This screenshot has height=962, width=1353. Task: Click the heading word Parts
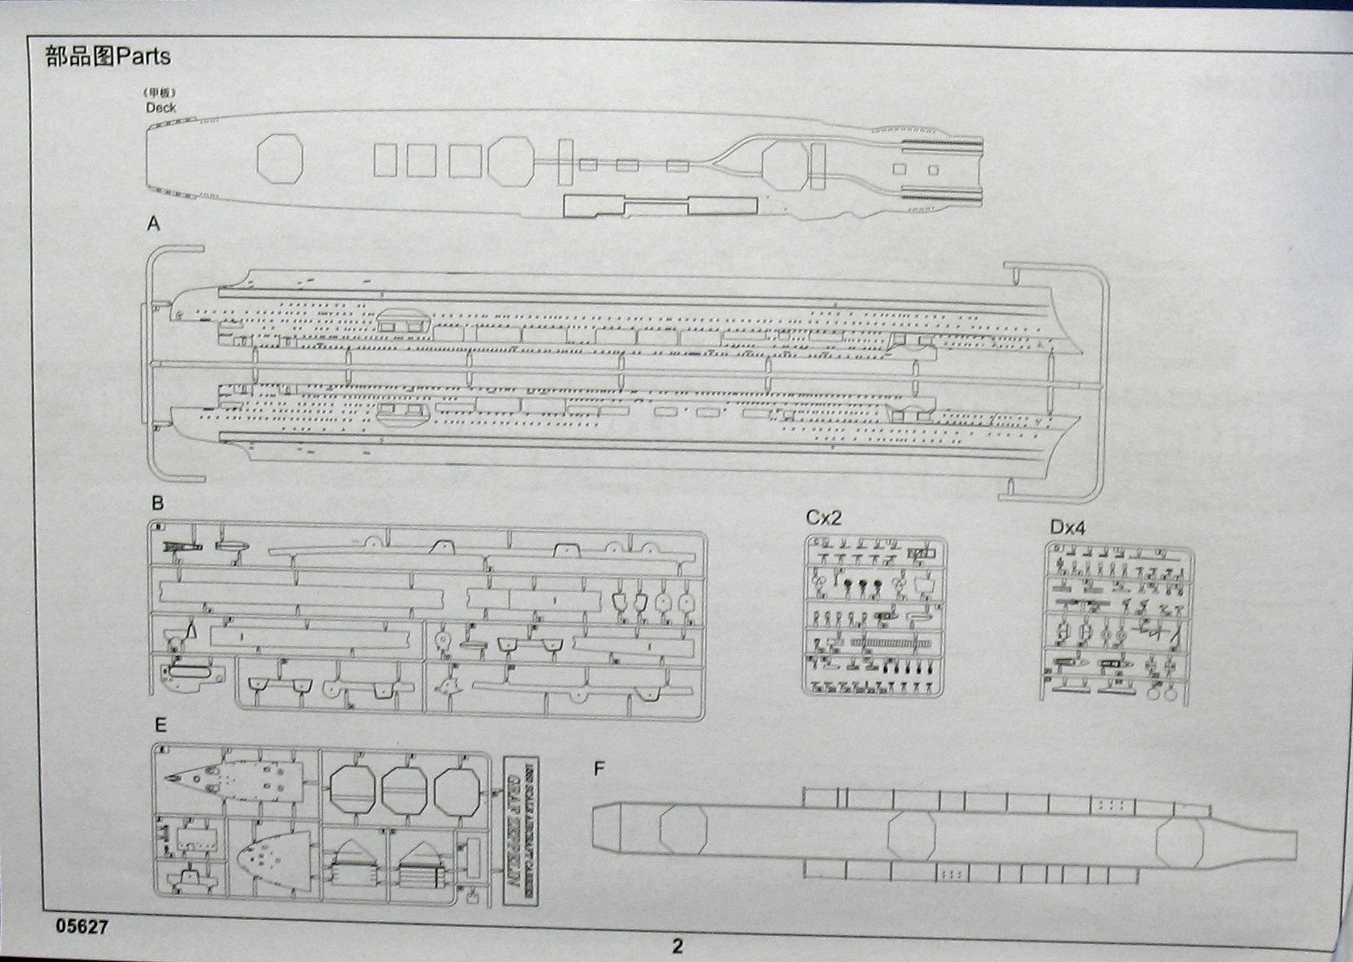[x=144, y=57]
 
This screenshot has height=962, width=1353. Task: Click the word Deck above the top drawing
[x=161, y=107]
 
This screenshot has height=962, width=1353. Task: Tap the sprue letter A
[x=153, y=224]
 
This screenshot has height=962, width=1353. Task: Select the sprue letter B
[x=157, y=503]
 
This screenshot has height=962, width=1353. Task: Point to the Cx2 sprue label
[x=823, y=518]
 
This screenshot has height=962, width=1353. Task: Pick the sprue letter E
[x=160, y=725]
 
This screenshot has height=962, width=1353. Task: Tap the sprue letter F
[x=599, y=769]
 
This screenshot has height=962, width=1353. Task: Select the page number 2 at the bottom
[x=677, y=945]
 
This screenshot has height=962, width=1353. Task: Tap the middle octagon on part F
[x=911, y=839]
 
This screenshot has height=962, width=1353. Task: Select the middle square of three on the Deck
[x=421, y=160]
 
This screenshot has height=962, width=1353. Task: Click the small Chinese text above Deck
[x=161, y=91]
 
